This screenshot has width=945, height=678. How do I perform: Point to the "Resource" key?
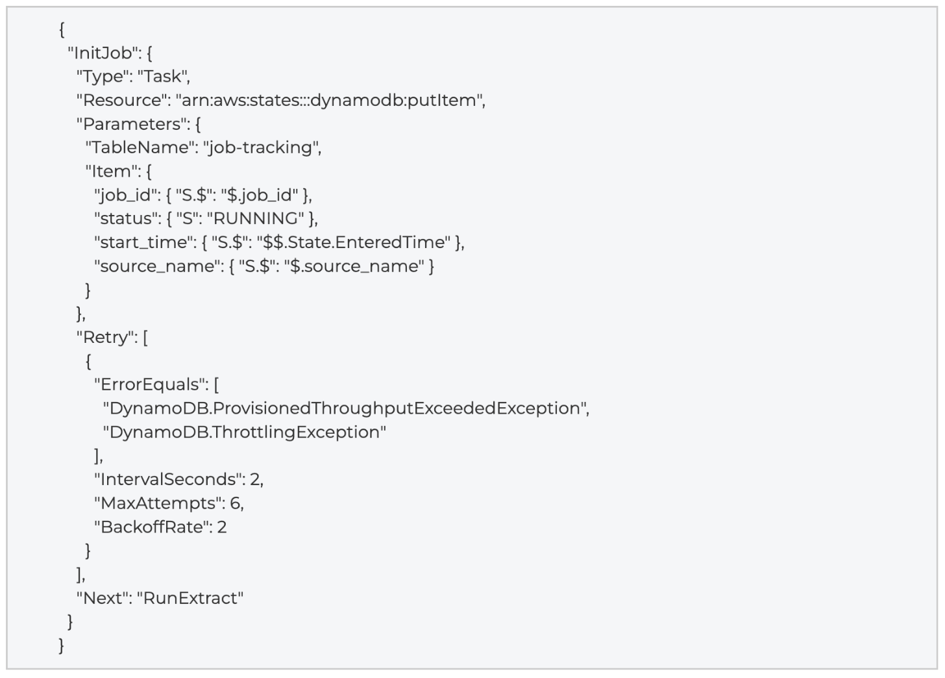[x=122, y=101]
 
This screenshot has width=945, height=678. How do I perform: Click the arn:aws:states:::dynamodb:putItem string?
[x=328, y=101]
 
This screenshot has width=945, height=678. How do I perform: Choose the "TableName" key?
[x=140, y=148]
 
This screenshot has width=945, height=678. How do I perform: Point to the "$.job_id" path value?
[x=260, y=195]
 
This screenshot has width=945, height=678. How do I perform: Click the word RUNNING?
[x=255, y=219]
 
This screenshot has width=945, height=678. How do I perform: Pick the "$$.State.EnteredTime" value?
[x=354, y=242]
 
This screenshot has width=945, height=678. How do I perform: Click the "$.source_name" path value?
[x=354, y=266]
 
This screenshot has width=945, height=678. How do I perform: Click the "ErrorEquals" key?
[x=149, y=384]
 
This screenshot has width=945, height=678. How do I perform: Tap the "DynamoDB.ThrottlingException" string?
[x=245, y=433]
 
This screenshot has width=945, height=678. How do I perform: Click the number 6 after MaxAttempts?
[x=236, y=503]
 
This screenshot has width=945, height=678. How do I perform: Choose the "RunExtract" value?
[x=190, y=598]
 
